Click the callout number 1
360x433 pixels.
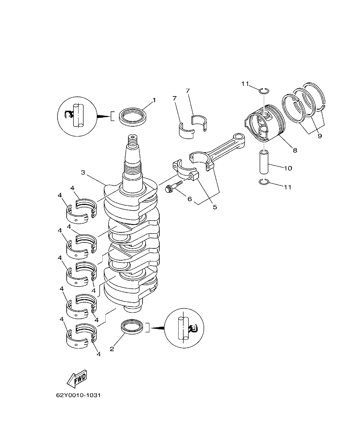(x=154, y=100)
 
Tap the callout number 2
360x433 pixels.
(x=112, y=349)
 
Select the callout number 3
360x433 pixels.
(x=83, y=173)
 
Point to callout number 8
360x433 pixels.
(x=295, y=150)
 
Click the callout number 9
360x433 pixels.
(x=320, y=136)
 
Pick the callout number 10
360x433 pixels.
(x=288, y=168)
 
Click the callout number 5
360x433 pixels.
(x=214, y=207)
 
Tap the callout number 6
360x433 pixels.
(x=189, y=199)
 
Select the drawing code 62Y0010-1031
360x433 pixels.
(x=79, y=395)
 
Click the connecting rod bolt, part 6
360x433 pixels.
(x=173, y=187)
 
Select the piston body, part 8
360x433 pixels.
(x=264, y=123)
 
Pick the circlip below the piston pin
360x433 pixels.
(x=264, y=182)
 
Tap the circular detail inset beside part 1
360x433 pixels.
(x=77, y=116)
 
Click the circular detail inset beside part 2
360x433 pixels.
(x=184, y=328)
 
